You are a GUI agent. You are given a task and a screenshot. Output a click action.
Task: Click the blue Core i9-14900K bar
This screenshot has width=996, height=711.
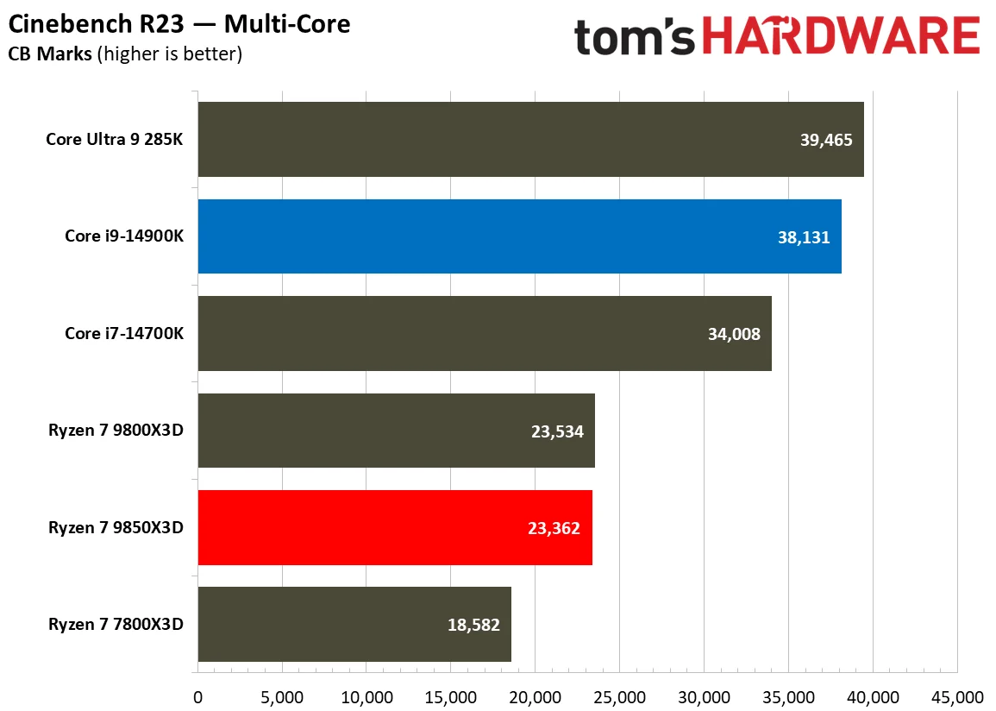(x=519, y=236)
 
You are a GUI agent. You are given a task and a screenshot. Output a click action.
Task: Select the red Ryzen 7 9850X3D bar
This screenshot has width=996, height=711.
(x=395, y=527)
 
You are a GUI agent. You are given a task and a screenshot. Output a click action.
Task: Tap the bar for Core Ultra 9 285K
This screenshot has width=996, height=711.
(x=530, y=140)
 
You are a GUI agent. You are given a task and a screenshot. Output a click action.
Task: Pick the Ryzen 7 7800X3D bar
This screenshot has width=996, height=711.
(x=354, y=624)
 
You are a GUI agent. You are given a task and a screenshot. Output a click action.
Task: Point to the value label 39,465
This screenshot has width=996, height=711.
(x=826, y=140)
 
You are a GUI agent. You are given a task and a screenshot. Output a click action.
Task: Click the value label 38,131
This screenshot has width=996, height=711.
(x=803, y=236)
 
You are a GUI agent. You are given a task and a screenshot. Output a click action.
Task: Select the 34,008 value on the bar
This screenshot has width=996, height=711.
(x=733, y=334)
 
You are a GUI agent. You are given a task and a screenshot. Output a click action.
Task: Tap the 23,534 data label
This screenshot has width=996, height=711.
(x=557, y=431)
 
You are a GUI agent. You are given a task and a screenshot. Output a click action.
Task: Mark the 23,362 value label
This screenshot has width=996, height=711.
(x=554, y=527)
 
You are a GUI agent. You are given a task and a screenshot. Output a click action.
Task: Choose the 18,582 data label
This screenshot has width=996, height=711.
(x=473, y=624)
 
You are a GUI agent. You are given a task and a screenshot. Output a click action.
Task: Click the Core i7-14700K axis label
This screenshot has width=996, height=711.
(x=124, y=334)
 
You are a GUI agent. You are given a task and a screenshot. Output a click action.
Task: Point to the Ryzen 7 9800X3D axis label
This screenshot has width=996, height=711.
(x=116, y=431)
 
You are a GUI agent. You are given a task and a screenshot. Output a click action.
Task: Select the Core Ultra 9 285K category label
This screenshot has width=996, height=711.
(x=115, y=140)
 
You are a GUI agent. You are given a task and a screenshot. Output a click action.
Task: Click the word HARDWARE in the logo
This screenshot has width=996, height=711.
(x=840, y=38)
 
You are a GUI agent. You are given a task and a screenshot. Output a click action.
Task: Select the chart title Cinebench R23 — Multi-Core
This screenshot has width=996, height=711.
(x=179, y=23)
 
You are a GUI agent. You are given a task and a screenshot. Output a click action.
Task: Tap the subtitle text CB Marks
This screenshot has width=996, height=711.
(x=50, y=54)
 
